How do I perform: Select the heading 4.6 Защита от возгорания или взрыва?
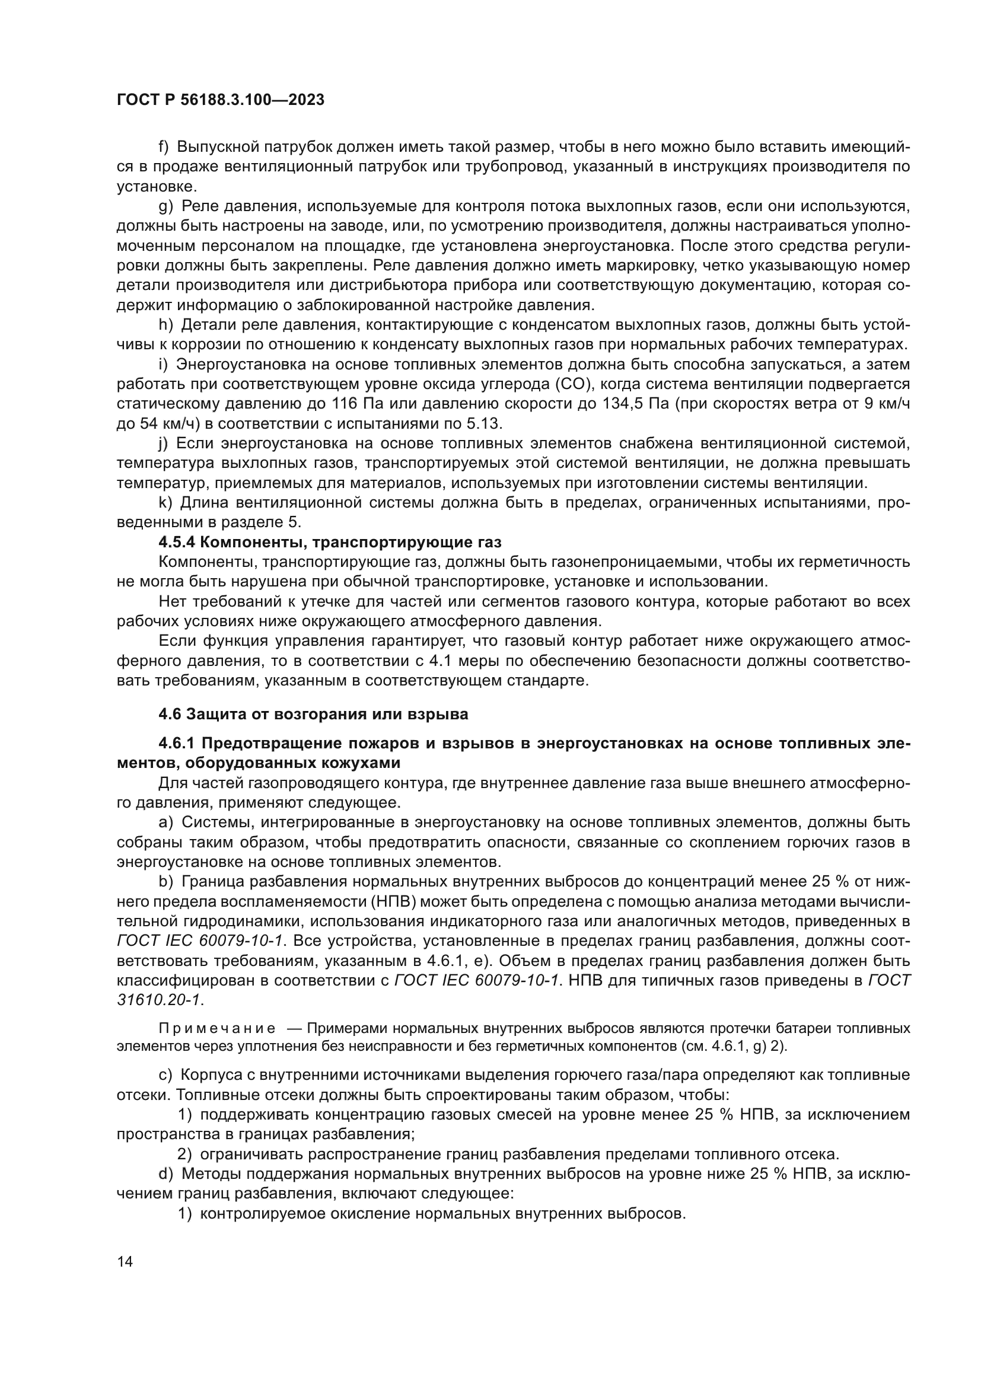point(313,714)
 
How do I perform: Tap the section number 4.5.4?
point(177,542)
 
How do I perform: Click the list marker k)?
point(165,503)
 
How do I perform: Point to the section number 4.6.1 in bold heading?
point(176,743)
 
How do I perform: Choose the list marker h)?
point(165,325)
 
